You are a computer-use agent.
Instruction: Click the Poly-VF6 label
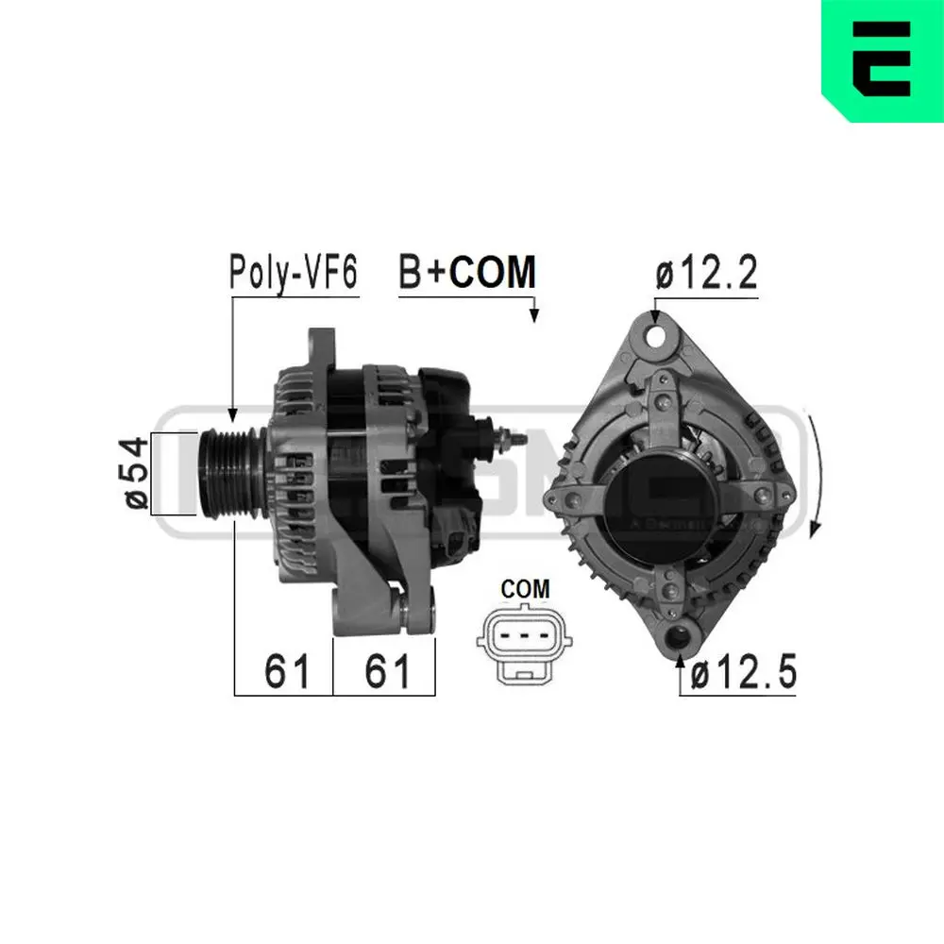(x=293, y=273)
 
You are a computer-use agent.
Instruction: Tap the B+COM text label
(x=466, y=272)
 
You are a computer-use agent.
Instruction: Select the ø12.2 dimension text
(x=706, y=274)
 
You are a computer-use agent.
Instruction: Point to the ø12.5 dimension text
(x=742, y=674)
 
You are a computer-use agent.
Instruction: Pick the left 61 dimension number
(x=287, y=671)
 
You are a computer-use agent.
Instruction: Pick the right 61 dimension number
(x=387, y=671)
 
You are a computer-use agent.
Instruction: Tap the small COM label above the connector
(x=525, y=589)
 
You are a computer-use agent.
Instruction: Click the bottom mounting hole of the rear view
(x=680, y=637)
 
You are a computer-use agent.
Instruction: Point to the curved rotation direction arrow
(x=817, y=472)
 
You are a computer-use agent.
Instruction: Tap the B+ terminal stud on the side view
(x=509, y=440)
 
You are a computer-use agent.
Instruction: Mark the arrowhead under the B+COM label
(x=534, y=313)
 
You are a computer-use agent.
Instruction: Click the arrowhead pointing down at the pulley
(x=232, y=413)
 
